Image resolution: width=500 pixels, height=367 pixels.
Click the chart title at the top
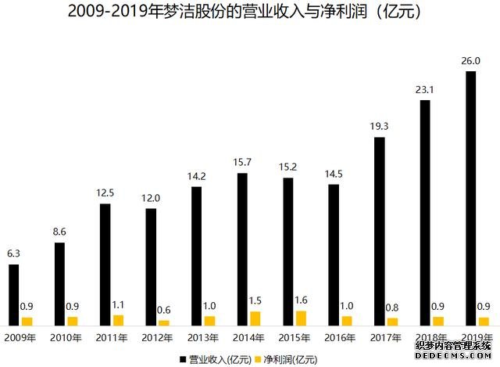point(250,12)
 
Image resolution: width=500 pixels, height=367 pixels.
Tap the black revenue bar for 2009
point(13,295)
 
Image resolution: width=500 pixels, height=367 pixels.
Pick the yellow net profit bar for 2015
point(301,318)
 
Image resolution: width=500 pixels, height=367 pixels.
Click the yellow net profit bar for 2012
point(164,322)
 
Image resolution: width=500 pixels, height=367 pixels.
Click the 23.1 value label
point(426,89)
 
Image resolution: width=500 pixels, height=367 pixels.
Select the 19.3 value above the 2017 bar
point(380,125)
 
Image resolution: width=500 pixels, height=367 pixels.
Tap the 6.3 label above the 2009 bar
point(14,253)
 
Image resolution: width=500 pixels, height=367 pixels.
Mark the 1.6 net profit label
point(301,300)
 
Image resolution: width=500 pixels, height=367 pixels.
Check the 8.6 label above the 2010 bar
point(59,232)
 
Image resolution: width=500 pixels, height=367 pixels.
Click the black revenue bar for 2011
point(105,264)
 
